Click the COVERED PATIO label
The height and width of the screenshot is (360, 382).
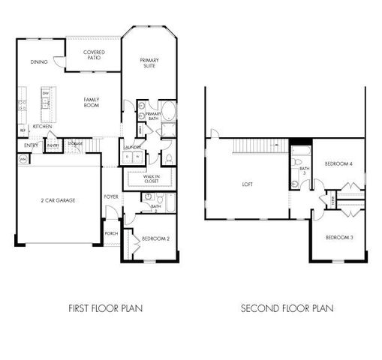(94, 55)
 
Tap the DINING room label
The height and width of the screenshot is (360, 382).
(40, 62)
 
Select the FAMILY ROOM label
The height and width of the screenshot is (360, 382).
(92, 102)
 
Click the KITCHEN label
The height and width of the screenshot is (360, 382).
(42, 127)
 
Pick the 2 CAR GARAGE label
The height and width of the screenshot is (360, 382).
(57, 200)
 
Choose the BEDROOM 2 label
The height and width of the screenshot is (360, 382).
(155, 238)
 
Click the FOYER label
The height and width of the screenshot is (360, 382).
(111, 196)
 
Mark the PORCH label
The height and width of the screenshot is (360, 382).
(111, 232)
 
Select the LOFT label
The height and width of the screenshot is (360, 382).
(248, 184)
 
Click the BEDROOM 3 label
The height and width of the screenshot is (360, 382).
(338, 238)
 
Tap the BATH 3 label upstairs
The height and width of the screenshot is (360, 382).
(304, 171)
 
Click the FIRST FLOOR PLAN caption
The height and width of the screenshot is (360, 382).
(106, 307)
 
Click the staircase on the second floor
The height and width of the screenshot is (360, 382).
(258, 145)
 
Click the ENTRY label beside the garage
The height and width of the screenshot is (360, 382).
(31, 145)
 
